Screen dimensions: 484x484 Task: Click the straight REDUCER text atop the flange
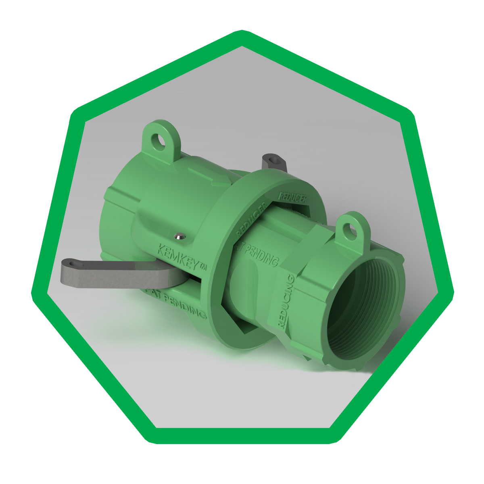(293, 198)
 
